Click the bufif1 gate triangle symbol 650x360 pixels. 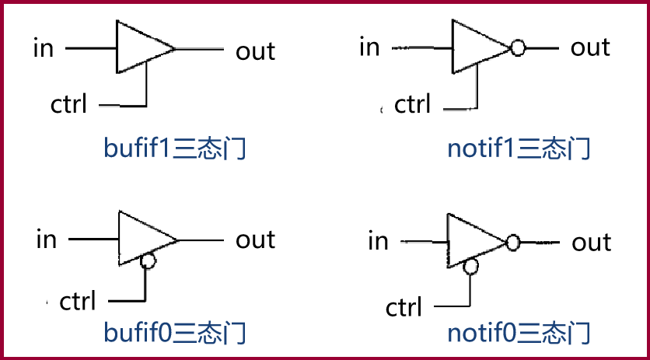click(140, 48)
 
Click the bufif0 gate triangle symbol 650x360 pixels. click(142, 238)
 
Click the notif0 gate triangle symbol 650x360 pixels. click(471, 241)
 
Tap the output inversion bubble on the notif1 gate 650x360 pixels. click(518, 48)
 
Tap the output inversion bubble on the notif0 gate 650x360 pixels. click(512, 242)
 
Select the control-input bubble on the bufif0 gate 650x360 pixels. click(148, 262)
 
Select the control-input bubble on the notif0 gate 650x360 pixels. click(470, 267)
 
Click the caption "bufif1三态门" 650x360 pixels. click(175, 148)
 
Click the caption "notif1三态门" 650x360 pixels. click(519, 148)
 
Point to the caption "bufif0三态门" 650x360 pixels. click(175, 333)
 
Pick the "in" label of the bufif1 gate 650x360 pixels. click(43, 47)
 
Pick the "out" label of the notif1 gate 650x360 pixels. click(590, 47)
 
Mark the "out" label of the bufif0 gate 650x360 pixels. click(255, 239)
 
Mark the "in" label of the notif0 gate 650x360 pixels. click(378, 241)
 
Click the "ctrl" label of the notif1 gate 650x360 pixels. click(412, 103)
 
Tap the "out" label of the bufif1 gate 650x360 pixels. click(255, 51)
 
